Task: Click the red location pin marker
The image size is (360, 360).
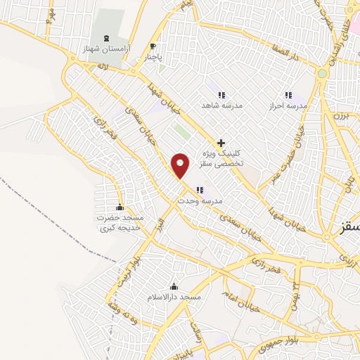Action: click(x=181, y=165)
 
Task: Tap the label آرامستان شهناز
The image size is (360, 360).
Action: click(x=102, y=51)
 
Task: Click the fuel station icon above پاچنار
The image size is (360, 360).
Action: click(x=153, y=46)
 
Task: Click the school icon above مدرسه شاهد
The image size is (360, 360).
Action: click(x=221, y=95)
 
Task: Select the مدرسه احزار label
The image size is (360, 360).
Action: click(x=288, y=105)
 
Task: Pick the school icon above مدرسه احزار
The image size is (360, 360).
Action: click(x=288, y=95)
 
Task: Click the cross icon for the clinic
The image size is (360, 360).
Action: click(x=221, y=142)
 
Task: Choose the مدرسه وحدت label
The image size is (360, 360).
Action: click(x=200, y=201)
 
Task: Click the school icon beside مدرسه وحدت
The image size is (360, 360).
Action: click(x=200, y=189)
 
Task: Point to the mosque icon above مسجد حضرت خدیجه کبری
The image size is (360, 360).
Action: click(x=120, y=207)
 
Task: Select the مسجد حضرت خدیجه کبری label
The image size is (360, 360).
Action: click(x=120, y=223)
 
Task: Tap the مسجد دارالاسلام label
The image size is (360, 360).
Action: click(x=181, y=297)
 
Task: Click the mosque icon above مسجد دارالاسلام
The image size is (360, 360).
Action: click(x=174, y=285)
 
